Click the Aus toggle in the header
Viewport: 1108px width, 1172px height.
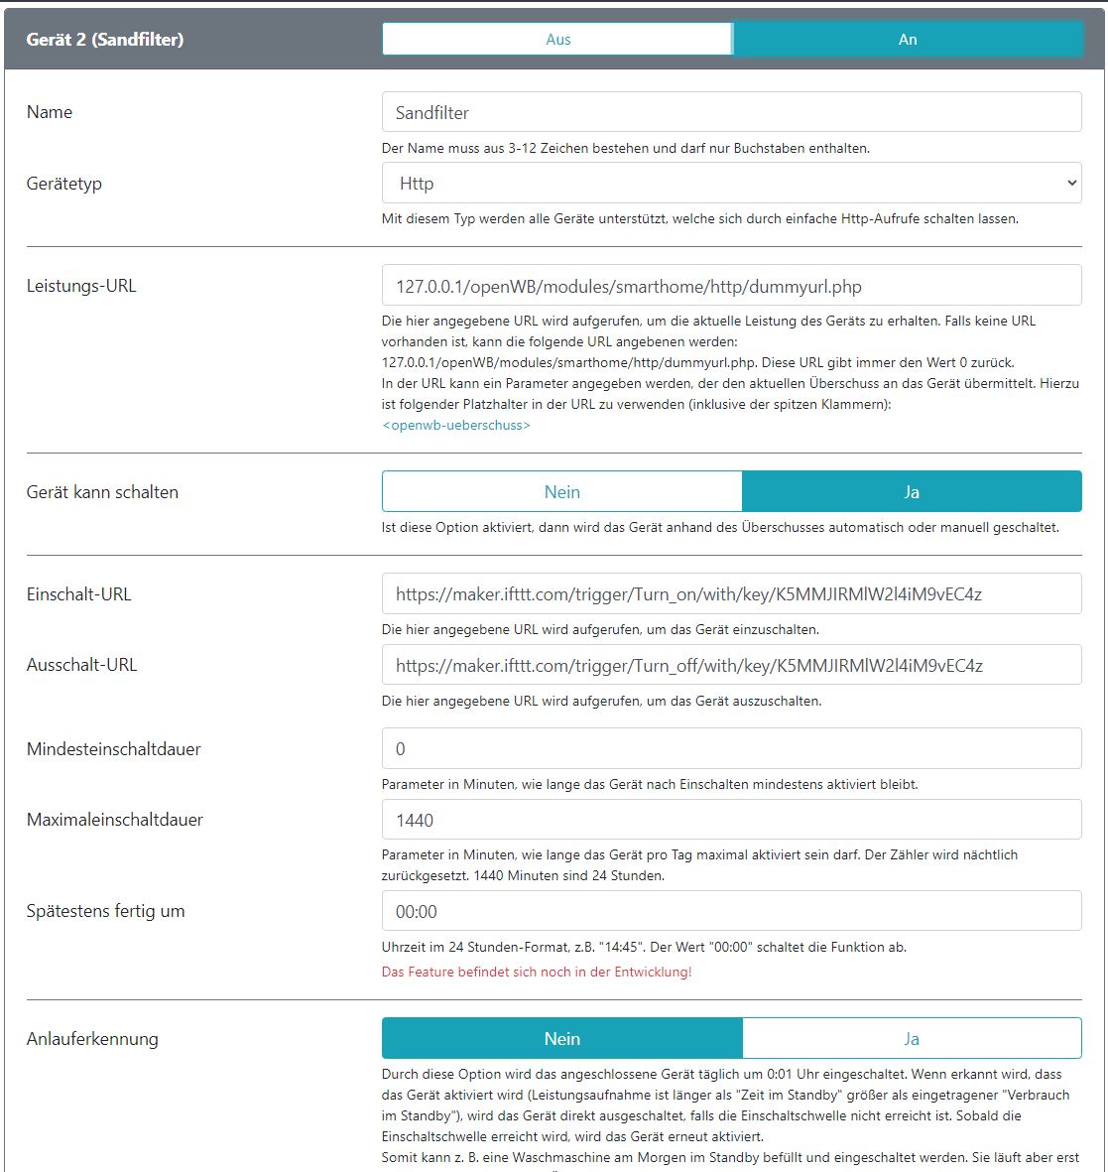pyautogui.click(x=557, y=40)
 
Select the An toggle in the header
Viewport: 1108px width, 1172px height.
pyautogui.click(x=908, y=40)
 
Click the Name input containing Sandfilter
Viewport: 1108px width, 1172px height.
pyautogui.click(x=731, y=113)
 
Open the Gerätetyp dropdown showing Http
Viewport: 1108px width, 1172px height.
pyautogui.click(x=731, y=184)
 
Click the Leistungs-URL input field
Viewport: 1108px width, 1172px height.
pyautogui.click(x=731, y=287)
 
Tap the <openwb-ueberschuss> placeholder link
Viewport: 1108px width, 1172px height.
pyautogui.click(x=456, y=425)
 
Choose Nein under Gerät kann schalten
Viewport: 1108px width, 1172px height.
pyautogui.click(x=562, y=492)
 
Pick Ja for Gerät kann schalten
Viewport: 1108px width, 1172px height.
pyautogui.click(x=912, y=492)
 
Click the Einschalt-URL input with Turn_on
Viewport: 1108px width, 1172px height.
pyautogui.click(x=731, y=594)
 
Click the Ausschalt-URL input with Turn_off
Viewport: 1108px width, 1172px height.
pyautogui.click(x=731, y=666)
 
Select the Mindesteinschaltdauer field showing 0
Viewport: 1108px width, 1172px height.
pyautogui.click(x=731, y=749)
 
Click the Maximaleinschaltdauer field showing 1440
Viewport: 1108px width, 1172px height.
pyautogui.click(x=731, y=821)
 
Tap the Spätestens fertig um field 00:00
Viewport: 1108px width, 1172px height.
pyautogui.click(x=731, y=912)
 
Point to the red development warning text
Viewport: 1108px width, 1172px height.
pyautogui.click(x=537, y=972)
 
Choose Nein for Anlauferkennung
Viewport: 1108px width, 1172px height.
pyautogui.click(x=562, y=1039)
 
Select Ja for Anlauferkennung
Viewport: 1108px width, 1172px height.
pyautogui.click(x=912, y=1039)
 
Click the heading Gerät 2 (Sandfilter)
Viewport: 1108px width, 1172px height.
pyautogui.click(x=105, y=40)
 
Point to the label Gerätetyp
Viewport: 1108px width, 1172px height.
pyautogui.click(x=64, y=184)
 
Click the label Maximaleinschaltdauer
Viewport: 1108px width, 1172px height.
pyautogui.click(x=115, y=820)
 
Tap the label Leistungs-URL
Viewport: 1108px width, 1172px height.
pyautogui.click(x=81, y=286)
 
